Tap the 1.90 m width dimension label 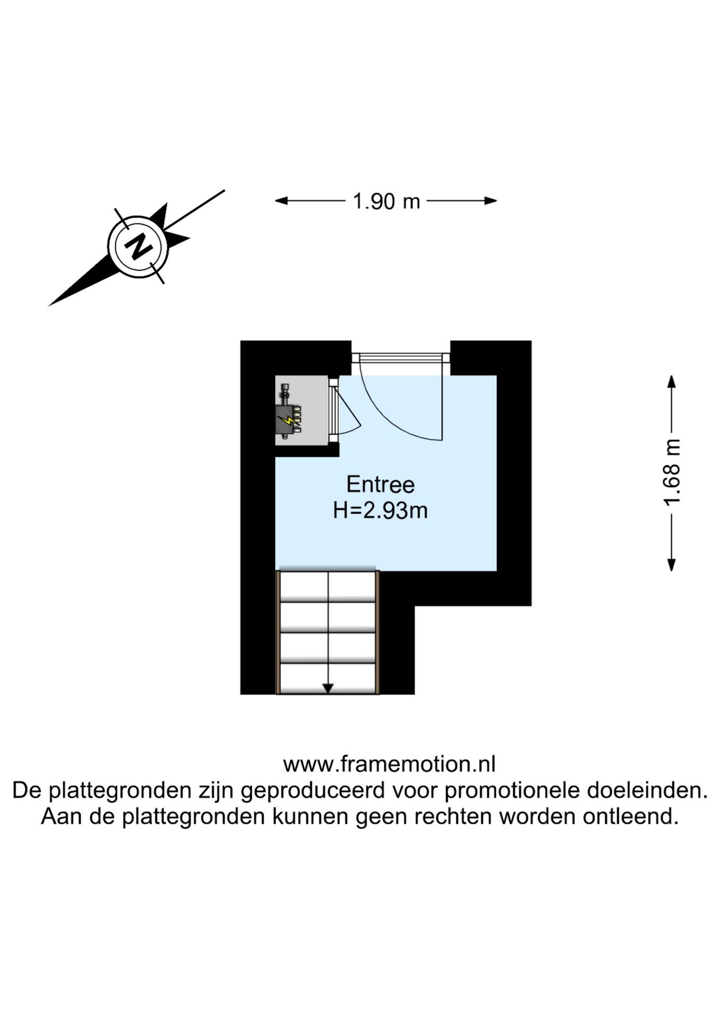(x=387, y=201)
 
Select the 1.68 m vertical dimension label (x=672, y=472)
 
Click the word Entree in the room (x=380, y=484)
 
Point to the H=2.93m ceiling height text (x=380, y=511)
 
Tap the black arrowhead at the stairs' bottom (x=328, y=689)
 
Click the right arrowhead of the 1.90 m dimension (x=490, y=200)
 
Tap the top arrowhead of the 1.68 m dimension (x=671, y=382)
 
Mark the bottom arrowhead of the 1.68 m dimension (x=671, y=565)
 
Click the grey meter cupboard (x=302, y=410)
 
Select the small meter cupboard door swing (x=347, y=411)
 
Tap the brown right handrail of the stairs (x=377, y=632)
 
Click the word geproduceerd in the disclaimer (x=313, y=791)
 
